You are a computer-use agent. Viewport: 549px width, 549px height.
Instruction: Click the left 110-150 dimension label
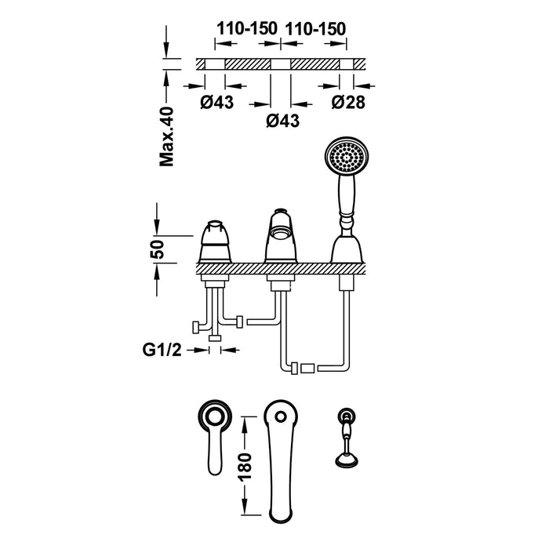pos(246,28)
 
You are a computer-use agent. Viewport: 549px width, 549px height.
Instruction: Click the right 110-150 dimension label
pos(315,28)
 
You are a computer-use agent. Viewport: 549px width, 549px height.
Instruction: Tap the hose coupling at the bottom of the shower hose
pos(305,367)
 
